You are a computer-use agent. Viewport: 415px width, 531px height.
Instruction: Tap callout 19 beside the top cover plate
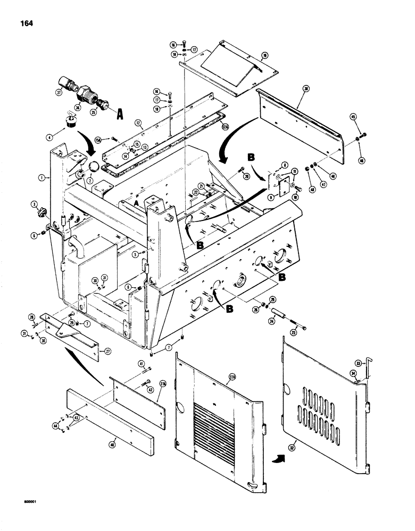point(264,55)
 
